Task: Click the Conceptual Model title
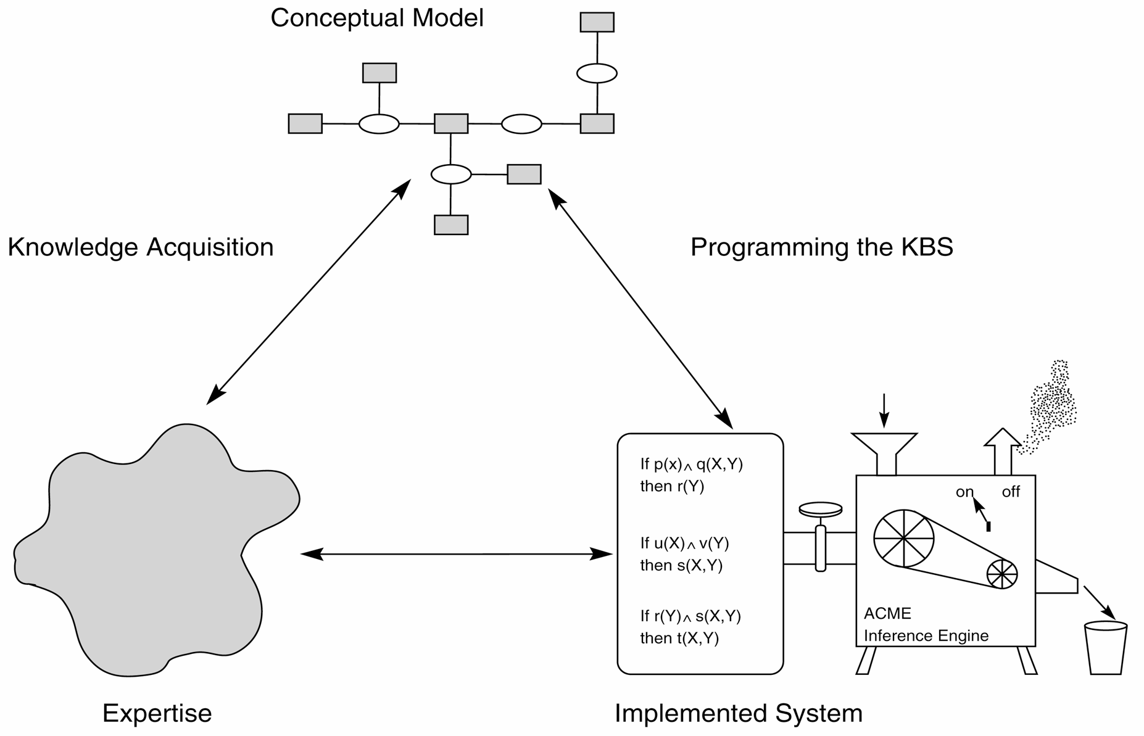(x=376, y=18)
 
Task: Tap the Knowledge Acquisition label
(x=140, y=247)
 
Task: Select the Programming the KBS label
(x=821, y=247)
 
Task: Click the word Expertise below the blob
(x=157, y=713)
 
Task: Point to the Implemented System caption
(x=738, y=713)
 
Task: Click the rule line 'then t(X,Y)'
(x=679, y=638)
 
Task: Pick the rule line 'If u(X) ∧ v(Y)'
(x=684, y=543)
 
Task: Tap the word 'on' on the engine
(x=964, y=492)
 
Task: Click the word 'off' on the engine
(x=1011, y=492)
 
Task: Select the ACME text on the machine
(x=887, y=613)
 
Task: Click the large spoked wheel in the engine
(x=903, y=538)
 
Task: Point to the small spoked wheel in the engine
(x=1001, y=574)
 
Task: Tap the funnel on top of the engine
(x=884, y=447)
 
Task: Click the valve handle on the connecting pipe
(x=820, y=510)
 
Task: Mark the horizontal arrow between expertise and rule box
(x=456, y=554)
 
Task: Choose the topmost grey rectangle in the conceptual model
(x=597, y=22)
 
